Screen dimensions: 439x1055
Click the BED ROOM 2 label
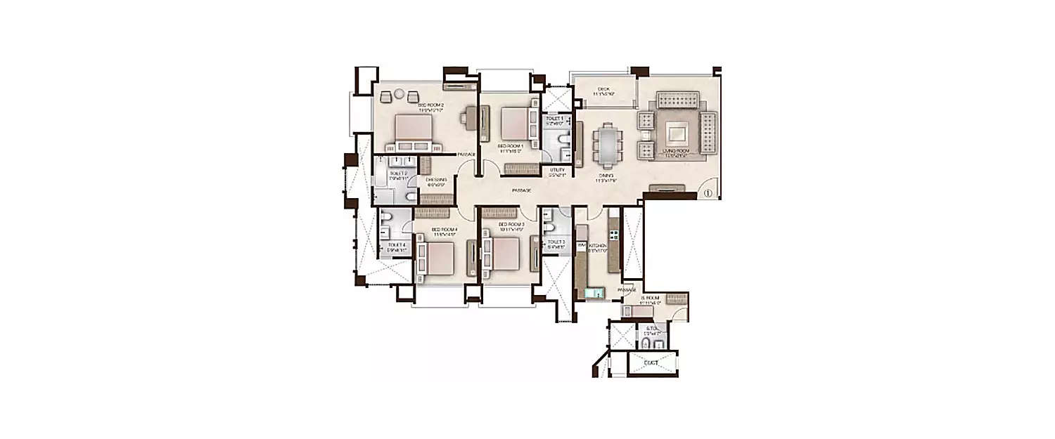click(431, 105)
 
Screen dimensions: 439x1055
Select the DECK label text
click(603, 89)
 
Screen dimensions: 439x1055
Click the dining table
click(605, 144)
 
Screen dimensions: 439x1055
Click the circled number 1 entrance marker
click(708, 193)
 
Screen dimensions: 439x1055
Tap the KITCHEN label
click(597, 246)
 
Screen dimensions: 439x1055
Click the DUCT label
click(651, 363)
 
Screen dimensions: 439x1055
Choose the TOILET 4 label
click(396, 245)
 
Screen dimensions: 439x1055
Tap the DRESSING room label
click(436, 181)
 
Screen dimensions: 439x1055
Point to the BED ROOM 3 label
click(511, 225)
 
